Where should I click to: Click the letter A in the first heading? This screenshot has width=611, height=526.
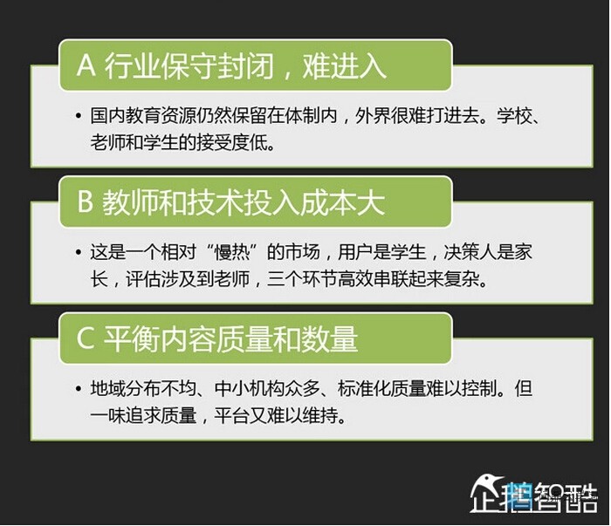tap(86, 65)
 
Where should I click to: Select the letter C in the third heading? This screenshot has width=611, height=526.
tap(86, 338)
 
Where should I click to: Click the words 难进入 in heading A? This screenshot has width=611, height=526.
tap(345, 65)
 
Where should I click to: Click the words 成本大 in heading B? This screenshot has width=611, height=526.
tap(343, 202)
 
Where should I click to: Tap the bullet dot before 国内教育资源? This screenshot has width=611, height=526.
tap(79, 116)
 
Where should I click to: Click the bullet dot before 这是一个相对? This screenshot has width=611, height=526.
tap(79, 252)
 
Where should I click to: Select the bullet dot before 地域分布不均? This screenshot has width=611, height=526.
tap(79, 388)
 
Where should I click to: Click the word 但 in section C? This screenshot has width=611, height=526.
tap(524, 388)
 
